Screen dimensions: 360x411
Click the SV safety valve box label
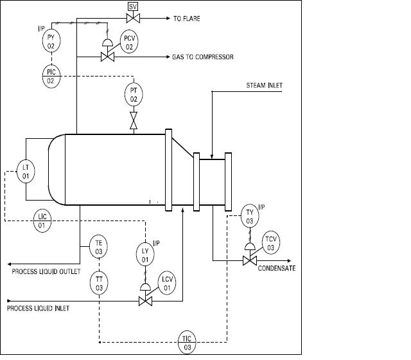tap(134, 6)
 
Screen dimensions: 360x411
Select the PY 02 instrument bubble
tap(52, 42)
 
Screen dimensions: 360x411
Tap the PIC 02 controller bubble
tap(52, 75)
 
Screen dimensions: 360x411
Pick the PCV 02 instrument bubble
tap(129, 42)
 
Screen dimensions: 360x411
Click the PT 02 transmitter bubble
tap(134, 94)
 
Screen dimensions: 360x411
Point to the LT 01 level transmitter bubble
tap(26, 171)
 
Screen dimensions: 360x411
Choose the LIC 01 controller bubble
tap(42, 222)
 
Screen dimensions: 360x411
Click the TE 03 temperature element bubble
tap(100, 248)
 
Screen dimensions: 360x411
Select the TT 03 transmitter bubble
tap(100, 284)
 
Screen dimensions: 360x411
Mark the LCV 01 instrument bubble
tap(168, 283)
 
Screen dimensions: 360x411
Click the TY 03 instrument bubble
tap(250, 216)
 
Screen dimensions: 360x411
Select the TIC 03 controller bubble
tap(188, 343)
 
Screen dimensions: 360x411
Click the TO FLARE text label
tap(187, 19)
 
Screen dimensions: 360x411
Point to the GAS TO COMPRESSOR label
tap(202, 57)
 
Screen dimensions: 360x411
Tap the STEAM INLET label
tap(264, 85)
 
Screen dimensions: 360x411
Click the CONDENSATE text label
tap(277, 268)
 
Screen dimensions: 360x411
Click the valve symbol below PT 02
tap(134, 121)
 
